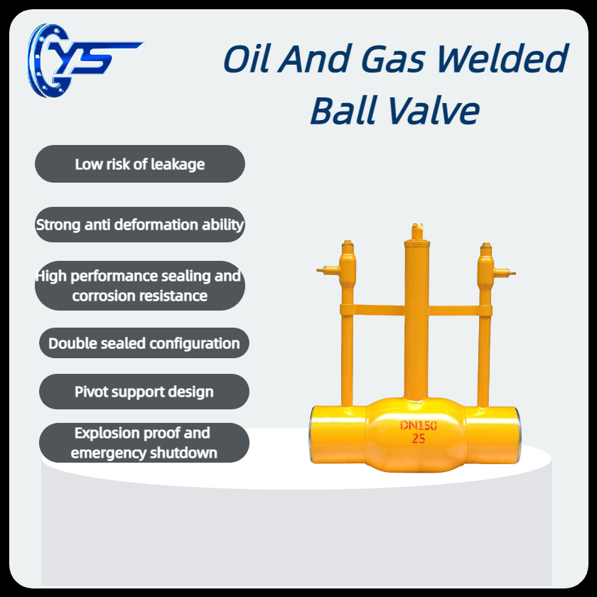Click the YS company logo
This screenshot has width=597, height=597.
84,60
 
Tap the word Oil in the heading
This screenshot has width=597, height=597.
247,58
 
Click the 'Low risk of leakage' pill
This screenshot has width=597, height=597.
140,163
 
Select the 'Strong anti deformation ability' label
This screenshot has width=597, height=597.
140,225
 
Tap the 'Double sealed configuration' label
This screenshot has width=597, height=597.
144,343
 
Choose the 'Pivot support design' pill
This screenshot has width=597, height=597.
144,392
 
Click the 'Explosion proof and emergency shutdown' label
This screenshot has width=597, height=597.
144,443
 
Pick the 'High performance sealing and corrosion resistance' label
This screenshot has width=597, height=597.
140,286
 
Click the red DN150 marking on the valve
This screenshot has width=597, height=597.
419,425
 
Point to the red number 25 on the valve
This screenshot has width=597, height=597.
419,439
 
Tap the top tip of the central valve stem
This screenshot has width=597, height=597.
417,225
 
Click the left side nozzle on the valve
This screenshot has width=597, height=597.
328,270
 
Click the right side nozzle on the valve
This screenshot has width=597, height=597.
505,273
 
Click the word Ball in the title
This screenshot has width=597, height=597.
344,110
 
